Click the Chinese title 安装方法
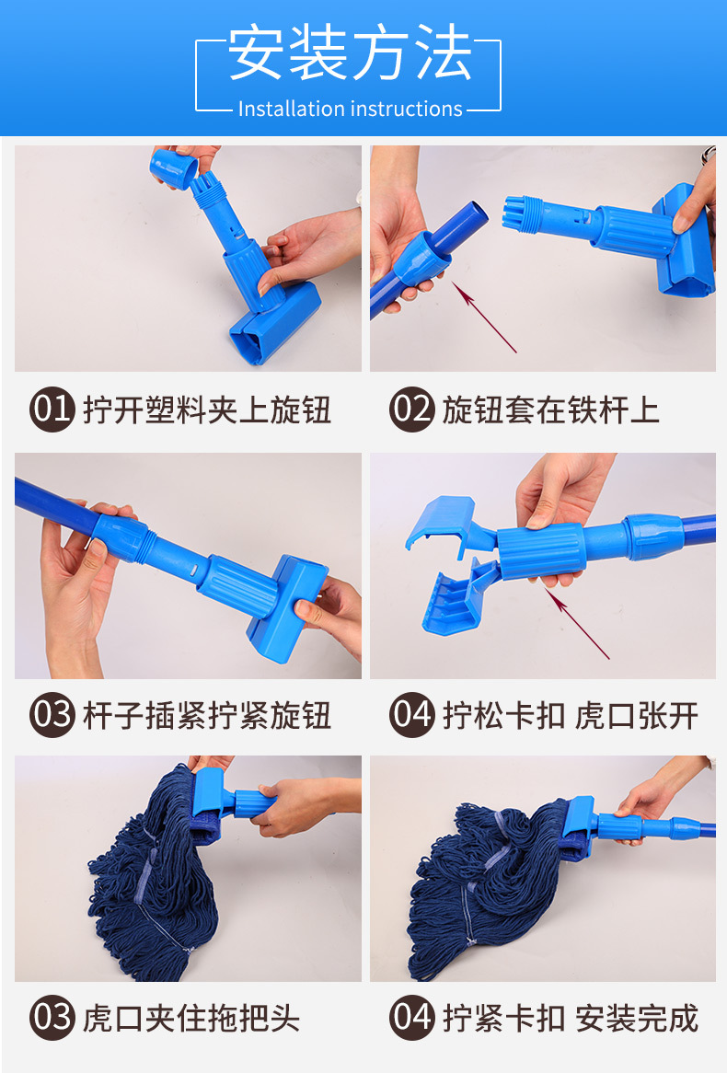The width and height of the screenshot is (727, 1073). click(x=350, y=52)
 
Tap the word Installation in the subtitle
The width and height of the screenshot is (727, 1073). click(x=291, y=109)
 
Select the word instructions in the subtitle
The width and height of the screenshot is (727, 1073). click(x=406, y=109)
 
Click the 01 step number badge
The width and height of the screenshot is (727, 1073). click(x=52, y=410)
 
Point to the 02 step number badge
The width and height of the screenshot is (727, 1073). click(x=411, y=410)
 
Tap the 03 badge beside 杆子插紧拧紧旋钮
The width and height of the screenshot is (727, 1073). click(x=52, y=715)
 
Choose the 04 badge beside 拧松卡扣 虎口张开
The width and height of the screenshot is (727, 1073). click(x=411, y=715)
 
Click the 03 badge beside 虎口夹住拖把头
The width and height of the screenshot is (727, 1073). click(x=52, y=1018)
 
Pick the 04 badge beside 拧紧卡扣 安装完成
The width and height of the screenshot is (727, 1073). click(x=411, y=1018)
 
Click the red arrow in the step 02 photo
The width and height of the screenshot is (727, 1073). click(x=484, y=318)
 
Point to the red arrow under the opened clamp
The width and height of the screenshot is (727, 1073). click(x=577, y=623)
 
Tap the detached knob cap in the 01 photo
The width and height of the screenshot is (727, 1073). click(x=174, y=167)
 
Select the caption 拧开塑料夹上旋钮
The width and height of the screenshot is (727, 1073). click(x=207, y=410)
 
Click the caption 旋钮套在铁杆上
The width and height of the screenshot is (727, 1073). click(x=551, y=410)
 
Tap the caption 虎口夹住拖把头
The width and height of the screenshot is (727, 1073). click(x=191, y=1019)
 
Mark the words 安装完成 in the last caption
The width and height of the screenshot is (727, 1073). click(x=638, y=1019)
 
